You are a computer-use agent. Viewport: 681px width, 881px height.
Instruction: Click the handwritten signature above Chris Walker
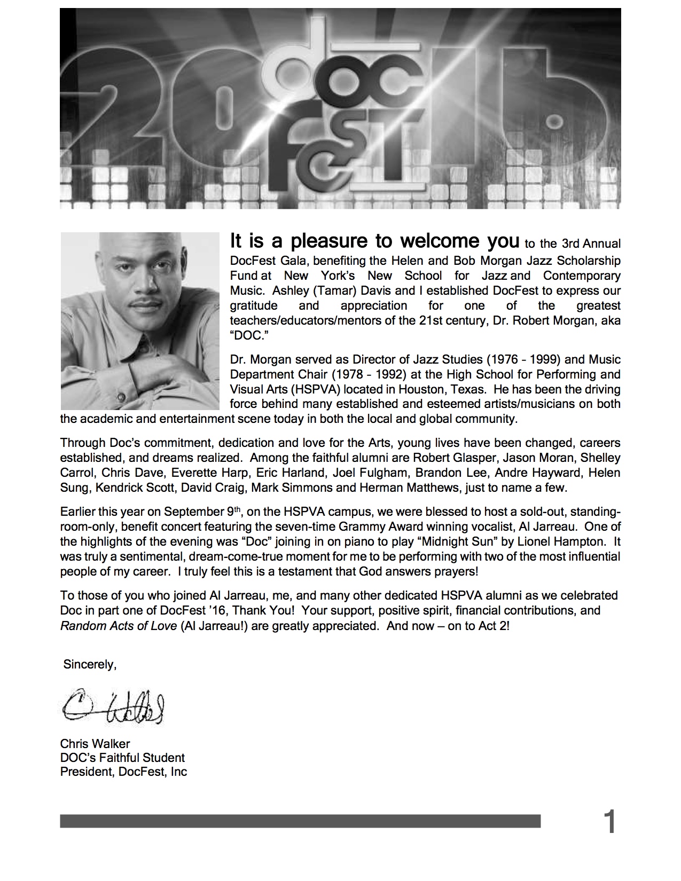pos(113,707)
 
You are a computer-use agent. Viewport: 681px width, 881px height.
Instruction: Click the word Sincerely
pos(89,664)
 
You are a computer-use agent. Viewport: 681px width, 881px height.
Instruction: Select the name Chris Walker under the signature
pos(95,744)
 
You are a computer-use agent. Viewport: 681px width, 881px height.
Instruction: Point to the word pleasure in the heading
pos(329,241)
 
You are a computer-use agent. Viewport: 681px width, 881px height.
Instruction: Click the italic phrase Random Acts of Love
pos(119,626)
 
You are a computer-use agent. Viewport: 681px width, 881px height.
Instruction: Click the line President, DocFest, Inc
pos(123,772)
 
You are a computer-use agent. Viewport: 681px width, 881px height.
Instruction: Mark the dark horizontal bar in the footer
pos(300,821)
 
